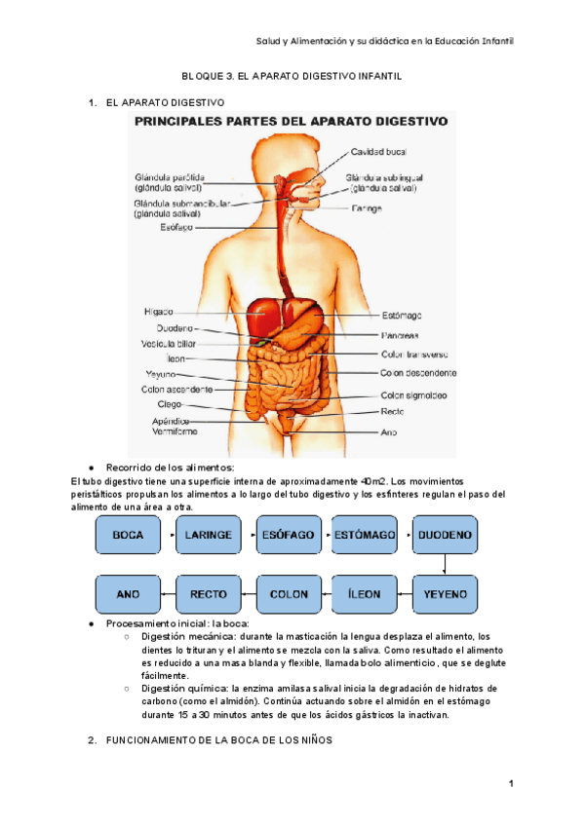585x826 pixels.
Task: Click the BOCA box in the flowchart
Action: (128, 536)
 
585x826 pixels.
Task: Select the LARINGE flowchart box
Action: (208, 536)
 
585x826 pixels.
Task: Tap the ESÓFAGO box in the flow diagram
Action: (288, 536)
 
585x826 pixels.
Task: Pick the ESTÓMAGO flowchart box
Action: (365, 536)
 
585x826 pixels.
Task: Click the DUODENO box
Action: (445, 536)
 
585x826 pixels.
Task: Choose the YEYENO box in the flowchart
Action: (445, 594)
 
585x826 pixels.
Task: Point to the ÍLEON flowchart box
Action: (365, 594)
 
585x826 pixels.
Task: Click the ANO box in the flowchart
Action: (128, 594)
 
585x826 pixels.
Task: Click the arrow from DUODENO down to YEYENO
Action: (445, 565)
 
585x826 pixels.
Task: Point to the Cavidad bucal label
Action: (379, 152)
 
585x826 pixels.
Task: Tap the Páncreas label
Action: (400, 335)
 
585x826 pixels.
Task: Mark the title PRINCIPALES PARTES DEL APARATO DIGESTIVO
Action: (292, 122)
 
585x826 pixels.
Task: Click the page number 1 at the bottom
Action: (510, 784)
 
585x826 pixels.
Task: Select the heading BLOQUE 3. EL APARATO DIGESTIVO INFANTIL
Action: (292, 75)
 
